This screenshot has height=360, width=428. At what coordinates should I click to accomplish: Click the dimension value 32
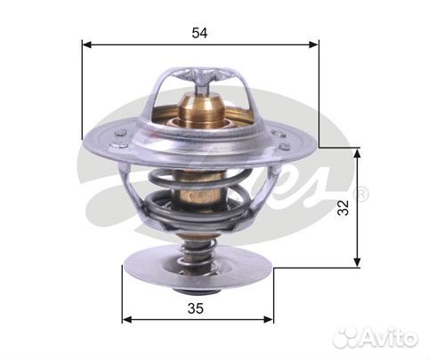[x=343, y=208]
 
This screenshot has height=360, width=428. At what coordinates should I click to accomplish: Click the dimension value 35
[x=196, y=308]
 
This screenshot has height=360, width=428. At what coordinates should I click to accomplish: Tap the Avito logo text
[x=388, y=338]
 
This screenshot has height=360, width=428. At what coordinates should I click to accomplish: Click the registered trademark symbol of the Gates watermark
[x=360, y=194]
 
